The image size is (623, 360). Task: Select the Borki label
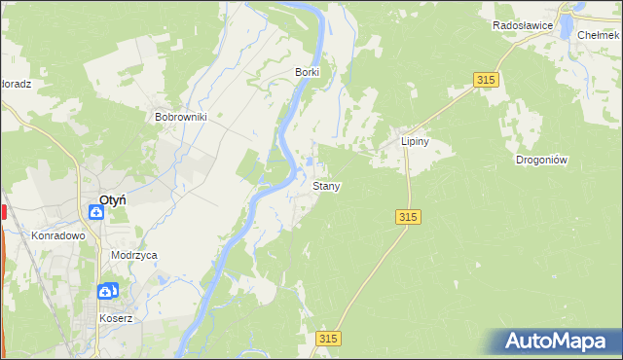308,72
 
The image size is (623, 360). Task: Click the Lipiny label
416,141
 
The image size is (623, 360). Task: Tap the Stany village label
326,185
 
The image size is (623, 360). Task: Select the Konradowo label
59,235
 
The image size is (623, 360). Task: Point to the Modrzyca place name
134,255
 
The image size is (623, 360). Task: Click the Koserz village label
115,318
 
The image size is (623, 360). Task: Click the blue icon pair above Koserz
107,290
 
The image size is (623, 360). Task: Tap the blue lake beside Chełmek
566,26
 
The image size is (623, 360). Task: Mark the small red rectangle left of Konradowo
3,211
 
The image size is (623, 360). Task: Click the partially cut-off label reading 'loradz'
16,84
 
